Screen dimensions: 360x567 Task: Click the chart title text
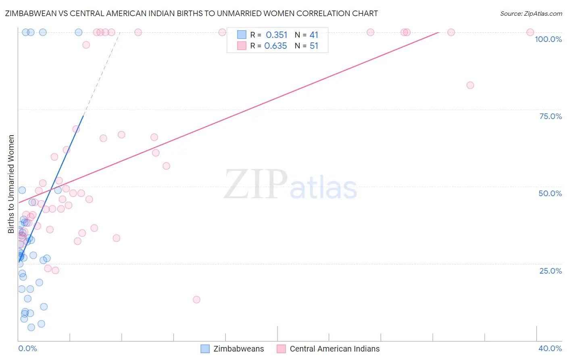pos(191,13)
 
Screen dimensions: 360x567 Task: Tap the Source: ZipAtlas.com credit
pos(531,13)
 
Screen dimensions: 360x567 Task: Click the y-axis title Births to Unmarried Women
pos(11,184)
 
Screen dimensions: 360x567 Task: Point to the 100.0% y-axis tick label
pos(548,39)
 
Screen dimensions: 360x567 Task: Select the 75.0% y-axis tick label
pos(550,116)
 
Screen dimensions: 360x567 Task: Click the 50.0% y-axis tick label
pos(550,193)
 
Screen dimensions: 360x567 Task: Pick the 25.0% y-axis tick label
pos(550,270)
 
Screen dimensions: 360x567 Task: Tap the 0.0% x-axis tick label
pos(27,348)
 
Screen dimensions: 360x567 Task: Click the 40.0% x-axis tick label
pos(550,348)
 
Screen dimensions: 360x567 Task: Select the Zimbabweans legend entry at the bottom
pos(233,349)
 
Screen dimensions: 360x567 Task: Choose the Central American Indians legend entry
pos(328,349)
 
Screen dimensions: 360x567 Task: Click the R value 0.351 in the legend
pos(277,35)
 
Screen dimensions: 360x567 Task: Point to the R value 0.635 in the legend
pos(275,46)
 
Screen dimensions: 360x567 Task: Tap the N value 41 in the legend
pos(314,35)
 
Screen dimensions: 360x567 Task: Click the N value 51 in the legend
pos(314,46)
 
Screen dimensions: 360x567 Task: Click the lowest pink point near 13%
pos(196,299)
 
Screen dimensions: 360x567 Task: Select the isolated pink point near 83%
pos(470,85)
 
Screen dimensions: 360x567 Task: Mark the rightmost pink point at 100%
pos(530,32)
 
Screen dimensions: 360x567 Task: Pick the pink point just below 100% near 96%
pos(86,45)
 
